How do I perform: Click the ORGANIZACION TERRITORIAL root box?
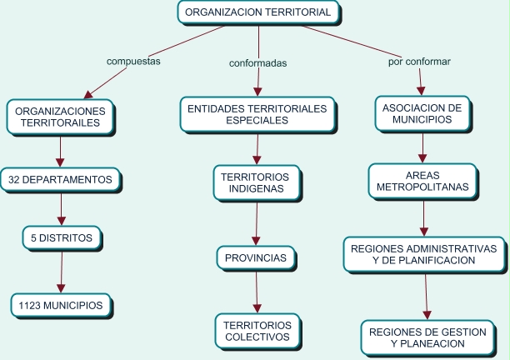[x=258, y=12]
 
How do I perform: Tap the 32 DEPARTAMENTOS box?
[x=60, y=179]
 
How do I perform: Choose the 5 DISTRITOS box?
[x=62, y=238]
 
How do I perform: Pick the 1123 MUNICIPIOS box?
[x=61, y=306]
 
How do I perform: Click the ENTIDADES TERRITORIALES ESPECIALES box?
[x=257, y=114]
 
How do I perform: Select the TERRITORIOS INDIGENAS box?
[x=256, y=182]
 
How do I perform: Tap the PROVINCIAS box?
[x=256, y=258]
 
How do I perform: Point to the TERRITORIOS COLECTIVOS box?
[x=257, y=331]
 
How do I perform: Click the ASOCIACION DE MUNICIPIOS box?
[x=422, y=114]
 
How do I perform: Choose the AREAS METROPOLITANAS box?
[x=424, y=182]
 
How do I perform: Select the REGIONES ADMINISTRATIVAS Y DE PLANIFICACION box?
[x=424, y=254]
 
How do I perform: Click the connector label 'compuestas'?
[x=133, y=61]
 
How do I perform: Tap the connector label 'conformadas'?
[x=258, y=63]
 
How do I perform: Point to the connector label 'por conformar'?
[x=419, y=62]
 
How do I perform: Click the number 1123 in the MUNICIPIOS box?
[x=31, y=306]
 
